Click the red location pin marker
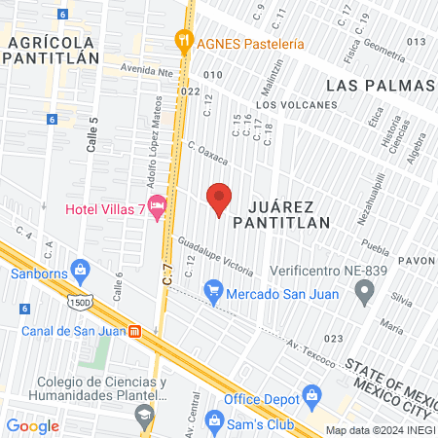[220, 200]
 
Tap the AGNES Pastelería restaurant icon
[182, 41]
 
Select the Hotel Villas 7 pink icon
[159, 209]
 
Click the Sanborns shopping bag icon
[81, 269]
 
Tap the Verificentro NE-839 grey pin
[365, 290]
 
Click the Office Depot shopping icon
[312, 396]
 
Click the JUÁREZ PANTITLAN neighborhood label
[289, 214]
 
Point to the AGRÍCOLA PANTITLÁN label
[50, 50]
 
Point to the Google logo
[33, 425]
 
